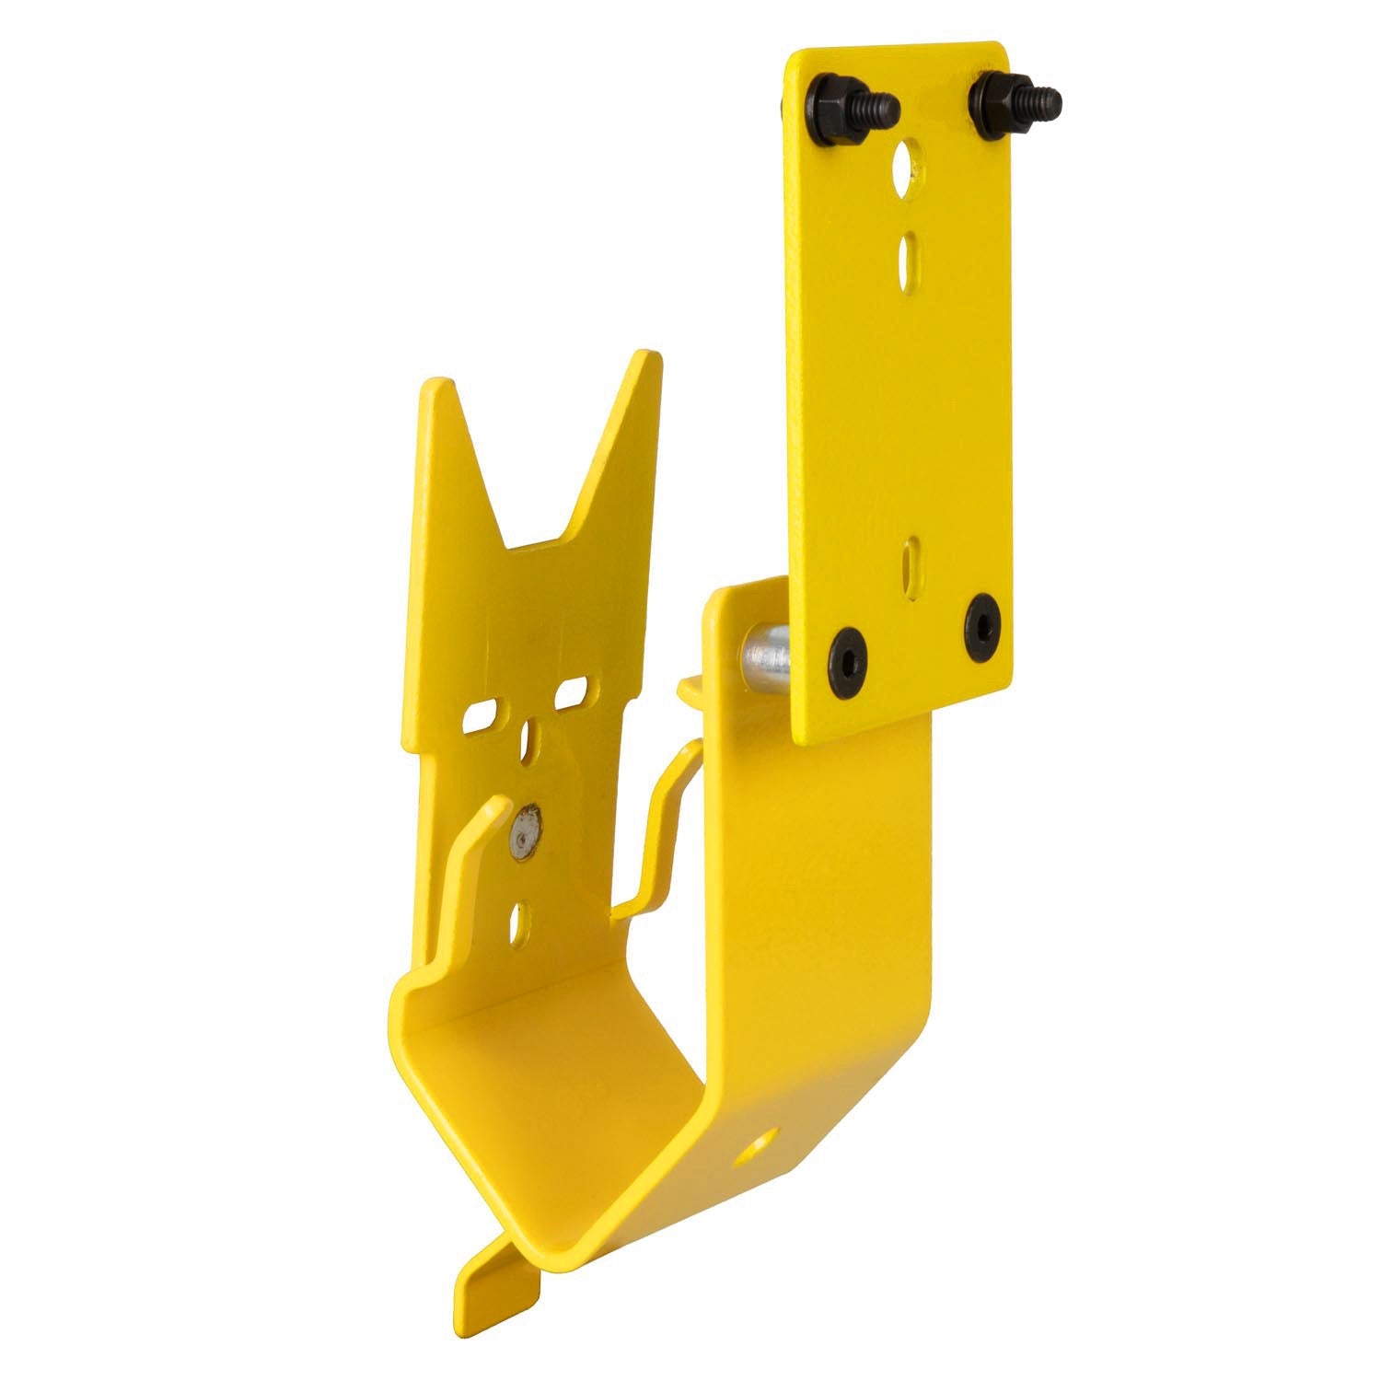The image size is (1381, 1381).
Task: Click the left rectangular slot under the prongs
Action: click(x=484, y=715)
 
